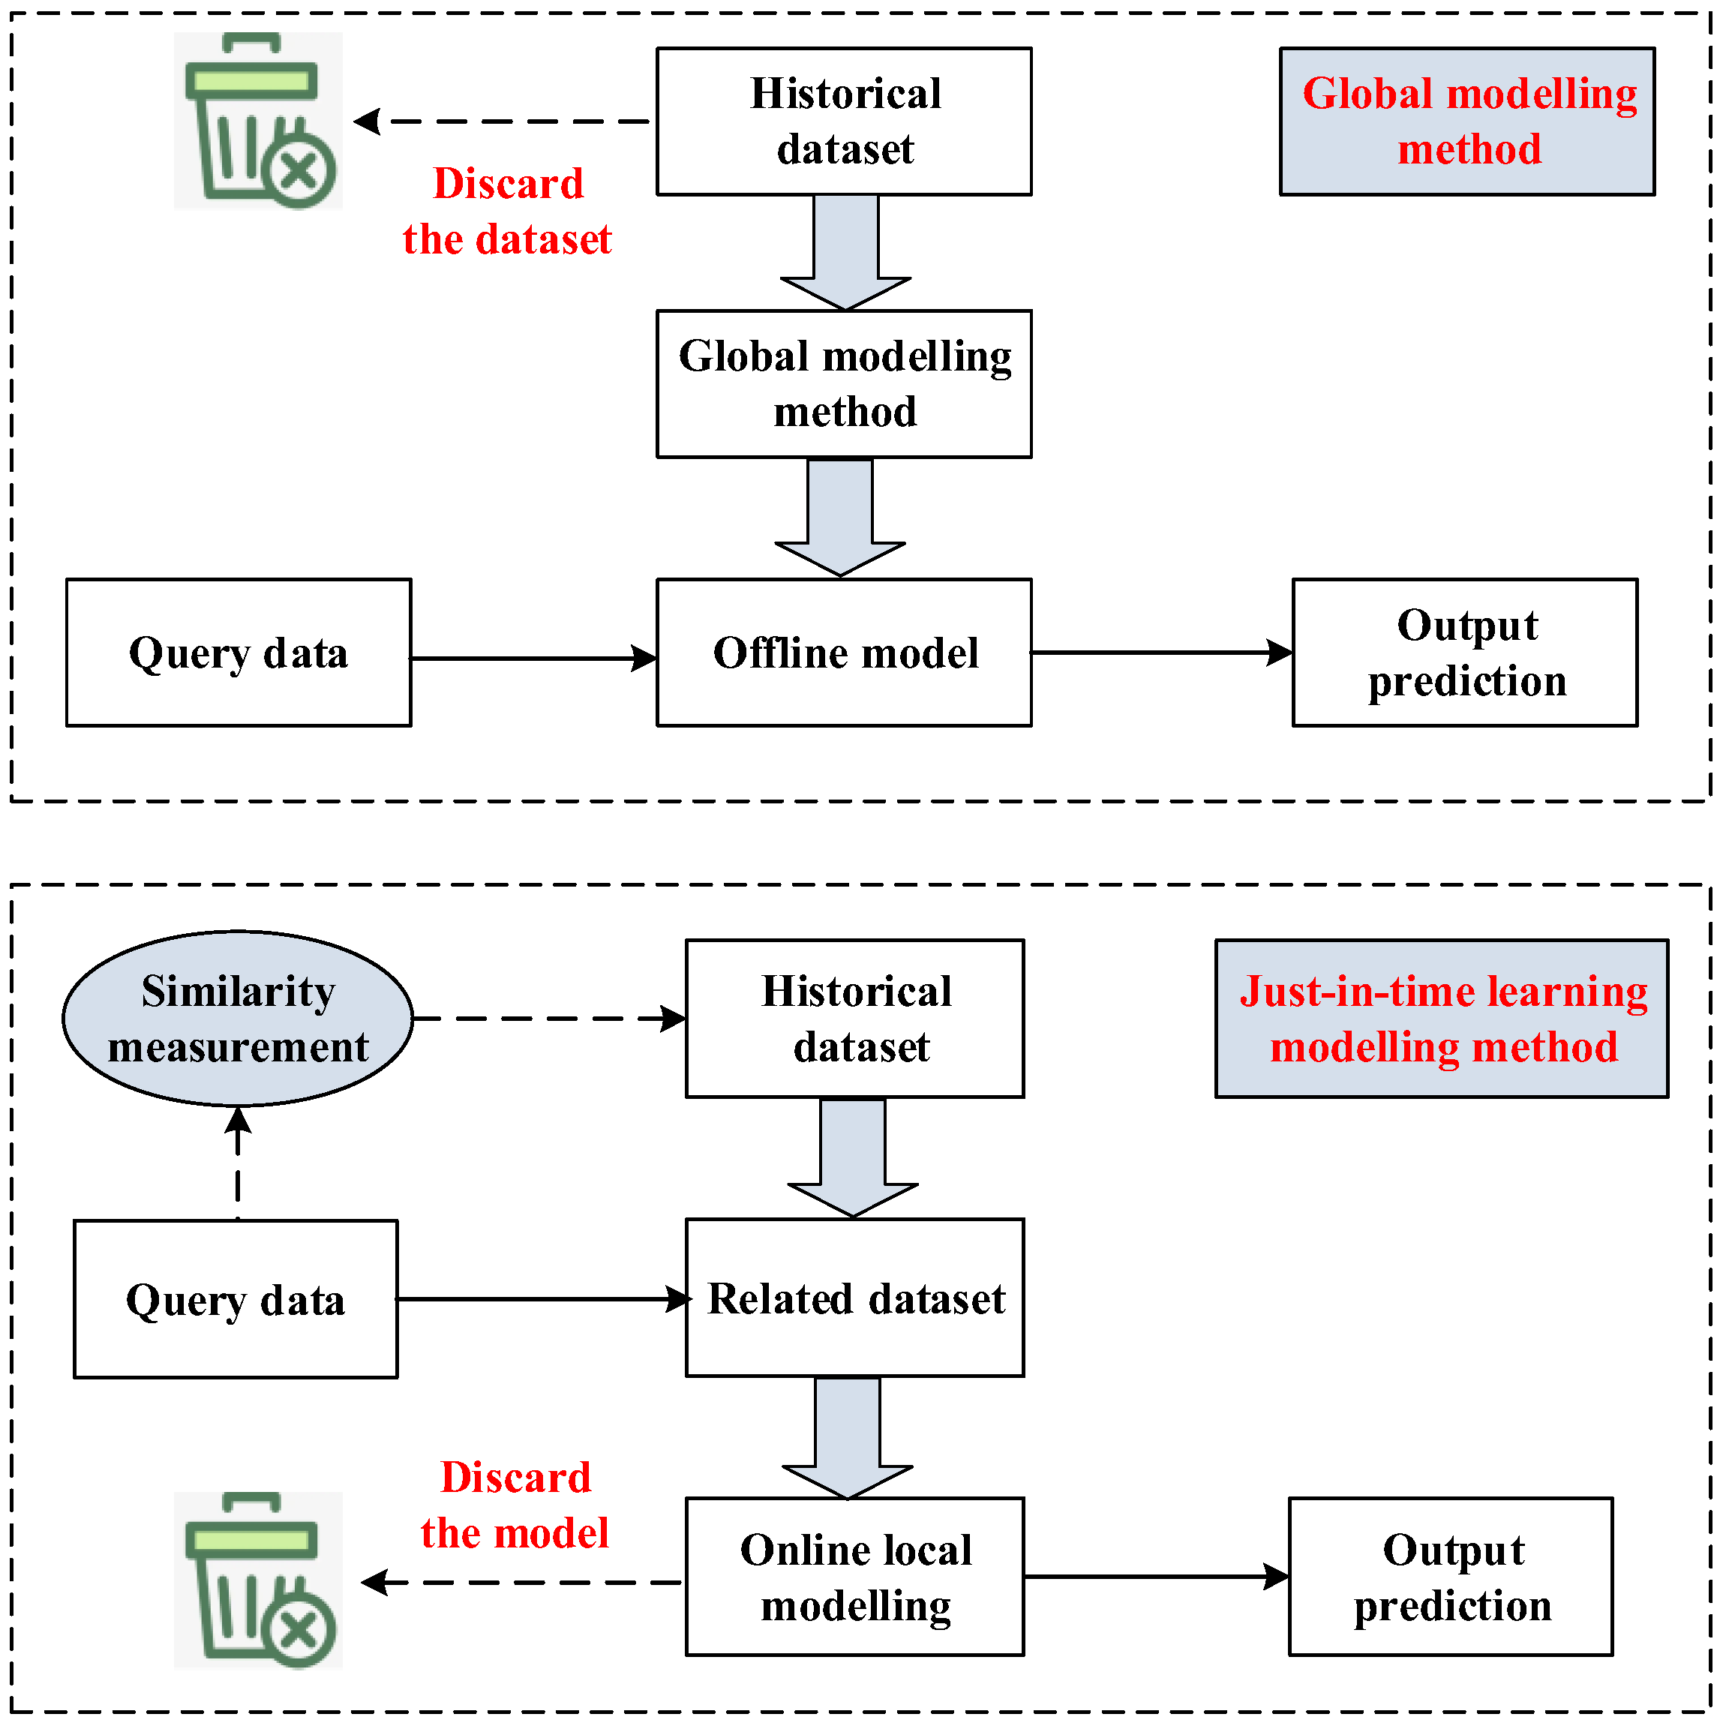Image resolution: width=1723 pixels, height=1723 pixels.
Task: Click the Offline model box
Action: pos(844,653)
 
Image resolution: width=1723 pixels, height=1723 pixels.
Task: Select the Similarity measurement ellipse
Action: pos(238,1019)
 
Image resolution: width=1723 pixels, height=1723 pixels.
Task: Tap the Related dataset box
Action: pos(854,1298)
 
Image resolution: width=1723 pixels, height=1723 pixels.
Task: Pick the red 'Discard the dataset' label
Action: pos(506,212)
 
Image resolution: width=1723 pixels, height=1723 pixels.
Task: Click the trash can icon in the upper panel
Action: pos(258,122)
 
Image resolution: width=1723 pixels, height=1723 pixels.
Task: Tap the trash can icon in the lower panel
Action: pos(258,1580)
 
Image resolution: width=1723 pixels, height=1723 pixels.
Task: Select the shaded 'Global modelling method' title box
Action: pos(1467,122)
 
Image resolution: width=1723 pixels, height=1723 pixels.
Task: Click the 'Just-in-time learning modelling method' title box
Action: pos(1441,1019)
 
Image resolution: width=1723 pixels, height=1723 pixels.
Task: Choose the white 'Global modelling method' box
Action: pos(844,384)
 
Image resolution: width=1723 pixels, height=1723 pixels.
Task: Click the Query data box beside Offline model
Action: pos(238,653)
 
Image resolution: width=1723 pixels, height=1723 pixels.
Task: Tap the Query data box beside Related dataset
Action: pos(236,1299)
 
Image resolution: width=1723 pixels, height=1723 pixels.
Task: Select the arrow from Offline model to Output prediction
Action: pos(1160,653)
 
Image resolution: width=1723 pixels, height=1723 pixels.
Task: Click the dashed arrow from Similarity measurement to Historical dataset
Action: pos(548,1019)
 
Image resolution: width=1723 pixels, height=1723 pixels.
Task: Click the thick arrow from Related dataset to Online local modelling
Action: pos(847,1436)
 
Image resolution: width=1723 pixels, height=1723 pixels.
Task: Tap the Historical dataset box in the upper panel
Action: pos(844,122)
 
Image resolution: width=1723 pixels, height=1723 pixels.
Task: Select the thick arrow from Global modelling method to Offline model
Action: pos(840,518)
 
